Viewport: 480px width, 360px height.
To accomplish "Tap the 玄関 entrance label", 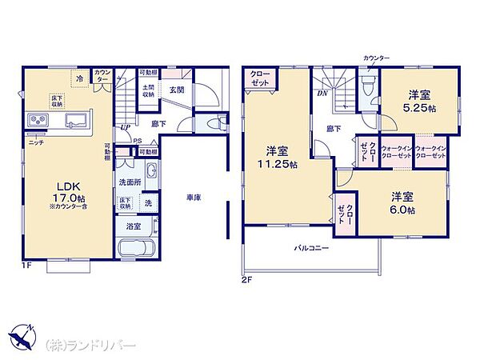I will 176,90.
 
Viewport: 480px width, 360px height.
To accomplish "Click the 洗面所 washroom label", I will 130,182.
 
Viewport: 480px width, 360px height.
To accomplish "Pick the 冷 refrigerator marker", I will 79,78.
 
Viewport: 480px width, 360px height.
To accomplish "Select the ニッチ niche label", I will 36,142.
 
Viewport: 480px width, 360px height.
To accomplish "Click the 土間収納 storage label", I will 149,90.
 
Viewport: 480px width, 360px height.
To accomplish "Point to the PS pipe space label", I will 137,141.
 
